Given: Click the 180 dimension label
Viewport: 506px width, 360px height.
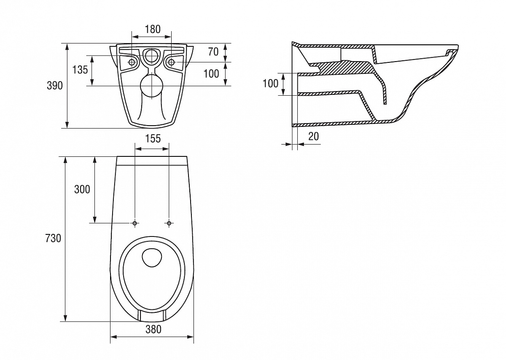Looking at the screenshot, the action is coord(153,30).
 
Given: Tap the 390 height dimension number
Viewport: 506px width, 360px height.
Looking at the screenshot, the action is coord(55,86).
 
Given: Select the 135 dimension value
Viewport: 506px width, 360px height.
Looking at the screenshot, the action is coord(80,70).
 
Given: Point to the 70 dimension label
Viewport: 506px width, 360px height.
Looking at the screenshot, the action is coord(213,52).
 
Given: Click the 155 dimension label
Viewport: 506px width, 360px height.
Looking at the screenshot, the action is coord(153,139).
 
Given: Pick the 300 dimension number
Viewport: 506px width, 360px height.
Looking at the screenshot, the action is coord(82,189).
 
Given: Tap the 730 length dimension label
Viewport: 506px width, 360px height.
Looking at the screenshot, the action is coord(53,238).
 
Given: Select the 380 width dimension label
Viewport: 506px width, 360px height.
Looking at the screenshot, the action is coord(153,329).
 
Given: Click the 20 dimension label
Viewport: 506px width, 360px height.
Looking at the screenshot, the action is coord(314,136).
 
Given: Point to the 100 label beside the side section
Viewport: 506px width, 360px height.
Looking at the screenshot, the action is coord(270,83).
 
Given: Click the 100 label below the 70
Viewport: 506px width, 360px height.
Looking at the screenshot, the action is coord(211,74).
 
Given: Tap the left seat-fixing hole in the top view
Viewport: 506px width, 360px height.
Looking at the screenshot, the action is coord(135,223).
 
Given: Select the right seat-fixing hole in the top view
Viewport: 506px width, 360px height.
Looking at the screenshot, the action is coord(169,223).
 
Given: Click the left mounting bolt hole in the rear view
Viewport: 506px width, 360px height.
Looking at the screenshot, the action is coord(132,62).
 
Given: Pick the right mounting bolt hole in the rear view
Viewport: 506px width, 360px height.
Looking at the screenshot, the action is coord(172,62).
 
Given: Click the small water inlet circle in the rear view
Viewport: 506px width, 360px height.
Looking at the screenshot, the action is coord(151,55).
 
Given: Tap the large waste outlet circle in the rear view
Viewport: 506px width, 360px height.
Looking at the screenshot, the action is coord(151,86).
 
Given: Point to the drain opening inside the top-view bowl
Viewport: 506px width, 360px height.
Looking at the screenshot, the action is coord(152,258).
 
